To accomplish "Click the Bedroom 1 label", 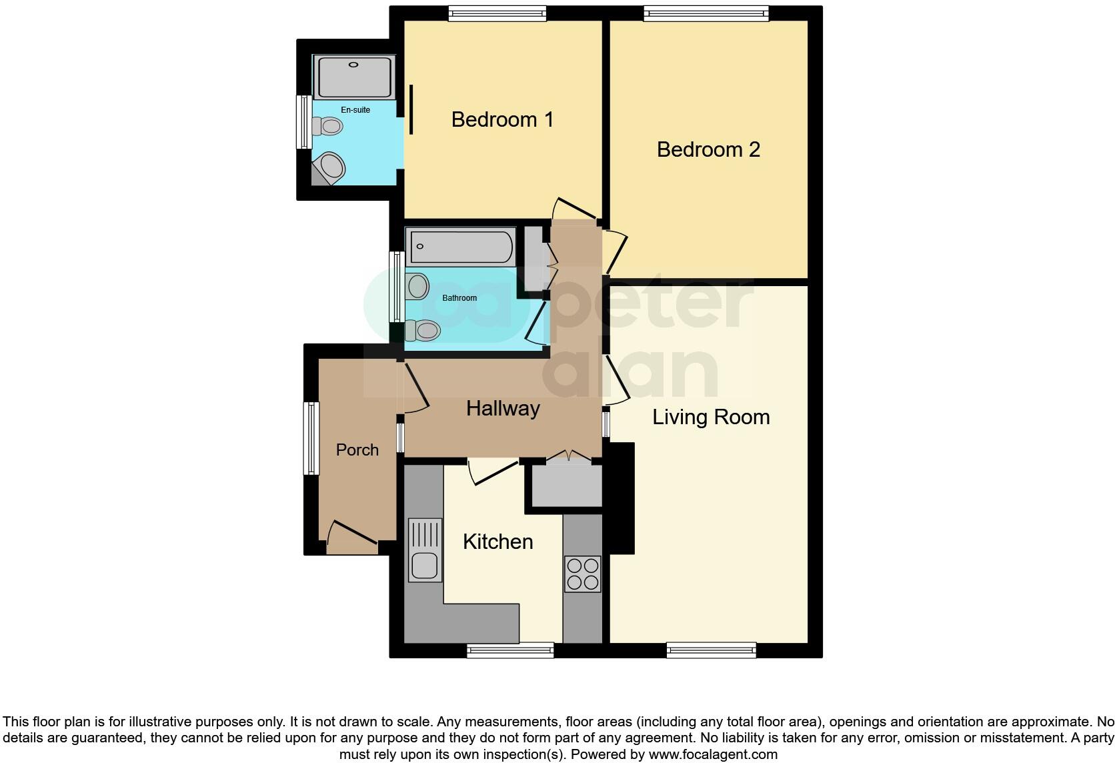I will [502, 120].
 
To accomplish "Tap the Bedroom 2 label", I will [708, 149].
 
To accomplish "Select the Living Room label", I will [711, 418].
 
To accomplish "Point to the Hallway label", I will [503, 409].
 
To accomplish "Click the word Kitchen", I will [497, 542].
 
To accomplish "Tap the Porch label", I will [357, 450].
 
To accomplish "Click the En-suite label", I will [355, 110].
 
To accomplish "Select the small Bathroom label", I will [459, 298].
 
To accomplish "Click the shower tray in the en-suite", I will [355, 77].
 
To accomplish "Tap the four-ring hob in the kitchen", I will [582, 574].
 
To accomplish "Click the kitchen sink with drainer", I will [425, 550].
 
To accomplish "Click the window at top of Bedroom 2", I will [706, 13].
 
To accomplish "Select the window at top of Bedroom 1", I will [497, 13].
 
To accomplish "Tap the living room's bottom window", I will [711, 650].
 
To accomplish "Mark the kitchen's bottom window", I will [510, 650].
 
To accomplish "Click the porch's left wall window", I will [311, 438].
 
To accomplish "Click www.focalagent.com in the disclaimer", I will [713, 755].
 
